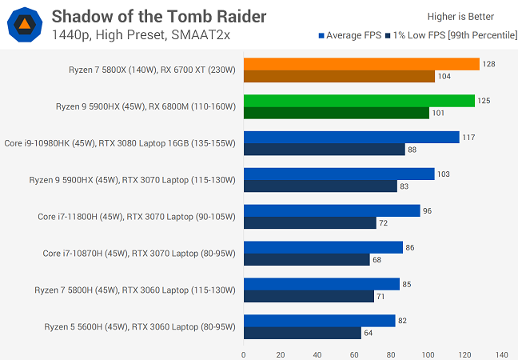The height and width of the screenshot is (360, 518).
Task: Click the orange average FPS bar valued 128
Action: tap(361, 64)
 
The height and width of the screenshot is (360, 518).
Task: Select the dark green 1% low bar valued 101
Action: tap(337, 113)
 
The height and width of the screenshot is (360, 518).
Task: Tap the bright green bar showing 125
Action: tap(359, 101)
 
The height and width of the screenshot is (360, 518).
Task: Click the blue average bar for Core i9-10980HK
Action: tap(352, 138)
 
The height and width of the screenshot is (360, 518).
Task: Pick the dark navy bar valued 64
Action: tap(302, 333)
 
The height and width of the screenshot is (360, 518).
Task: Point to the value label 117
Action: tap(468, 138)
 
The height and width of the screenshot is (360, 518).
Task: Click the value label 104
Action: tap(444, 76)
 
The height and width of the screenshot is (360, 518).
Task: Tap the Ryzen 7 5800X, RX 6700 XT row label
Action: tap(153, 70)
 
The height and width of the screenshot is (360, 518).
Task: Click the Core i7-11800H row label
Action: tap(137, 217)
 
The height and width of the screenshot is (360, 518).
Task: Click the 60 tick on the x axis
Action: tap(354, 353)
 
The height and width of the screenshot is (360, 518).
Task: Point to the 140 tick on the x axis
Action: tap(501, 353)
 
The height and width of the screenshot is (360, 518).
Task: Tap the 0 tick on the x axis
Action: tap(244, 353)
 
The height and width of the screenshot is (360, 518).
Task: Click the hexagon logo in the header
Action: tap(26, 24)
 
